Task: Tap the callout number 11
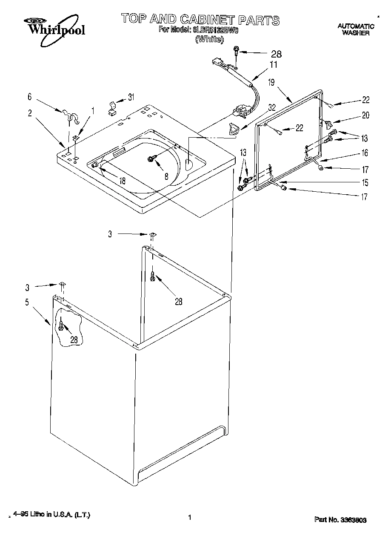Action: coord(273,65)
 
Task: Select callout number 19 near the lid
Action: coord(271,83)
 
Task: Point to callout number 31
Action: coord(131,97)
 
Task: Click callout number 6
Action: coord(29,97)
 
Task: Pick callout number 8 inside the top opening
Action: coord(166,176)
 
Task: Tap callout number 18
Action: coord(122,181)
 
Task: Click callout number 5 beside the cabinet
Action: coord(27,303)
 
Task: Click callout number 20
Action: coord(365,115)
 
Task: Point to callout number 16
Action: coord(365,153)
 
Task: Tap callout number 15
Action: coord(365,183)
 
